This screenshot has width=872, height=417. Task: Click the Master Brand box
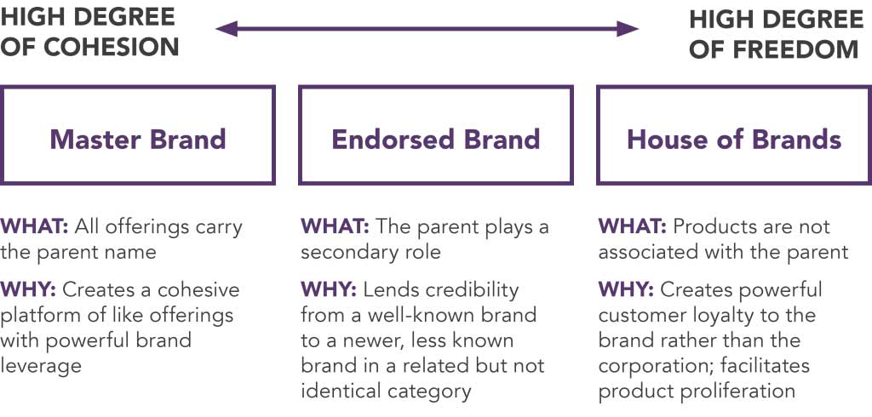[x=137, y=88]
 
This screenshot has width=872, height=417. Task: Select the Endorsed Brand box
[x=435, y=88]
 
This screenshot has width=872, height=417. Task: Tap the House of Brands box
[x=734, y=88]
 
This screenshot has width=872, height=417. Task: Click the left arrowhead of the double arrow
[x=227, y=28]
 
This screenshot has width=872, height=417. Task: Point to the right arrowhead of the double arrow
[x=628, y=28]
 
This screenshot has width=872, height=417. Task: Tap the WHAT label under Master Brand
[x=34, y=227]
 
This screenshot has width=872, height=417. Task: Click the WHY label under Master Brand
[x=28, y=289]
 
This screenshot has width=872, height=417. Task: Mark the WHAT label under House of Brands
[x=633, y=227]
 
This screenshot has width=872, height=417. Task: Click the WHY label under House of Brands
[x=627, y=289]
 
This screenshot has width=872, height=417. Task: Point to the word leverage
[x=41, y=366]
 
